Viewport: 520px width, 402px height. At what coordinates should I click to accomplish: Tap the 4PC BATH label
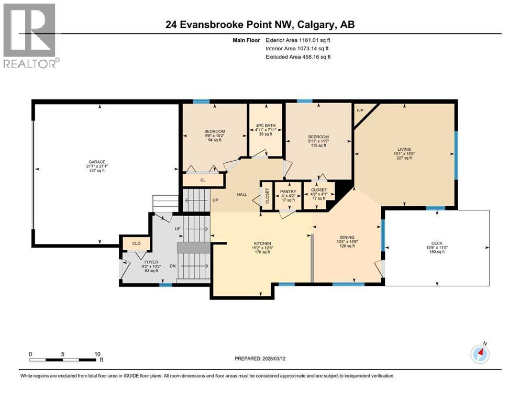(266, 125)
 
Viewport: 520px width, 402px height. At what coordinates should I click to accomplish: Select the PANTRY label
(288, 191)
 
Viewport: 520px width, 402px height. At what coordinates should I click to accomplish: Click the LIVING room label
(404, 149)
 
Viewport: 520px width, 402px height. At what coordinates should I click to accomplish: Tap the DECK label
(437, 243)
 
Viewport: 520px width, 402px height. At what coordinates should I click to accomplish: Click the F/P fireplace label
(360, 111)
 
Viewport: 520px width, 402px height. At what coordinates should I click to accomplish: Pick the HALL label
(242, 195)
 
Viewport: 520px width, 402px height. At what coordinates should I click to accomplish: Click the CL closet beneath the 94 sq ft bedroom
(202, 180)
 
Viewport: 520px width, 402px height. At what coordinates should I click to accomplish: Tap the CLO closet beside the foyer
(136, 243)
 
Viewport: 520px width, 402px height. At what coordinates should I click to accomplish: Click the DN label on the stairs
(173, 266)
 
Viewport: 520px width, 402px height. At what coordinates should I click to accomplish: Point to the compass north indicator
(480, 353)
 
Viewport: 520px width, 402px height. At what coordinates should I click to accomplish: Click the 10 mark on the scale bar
(97, 354)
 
